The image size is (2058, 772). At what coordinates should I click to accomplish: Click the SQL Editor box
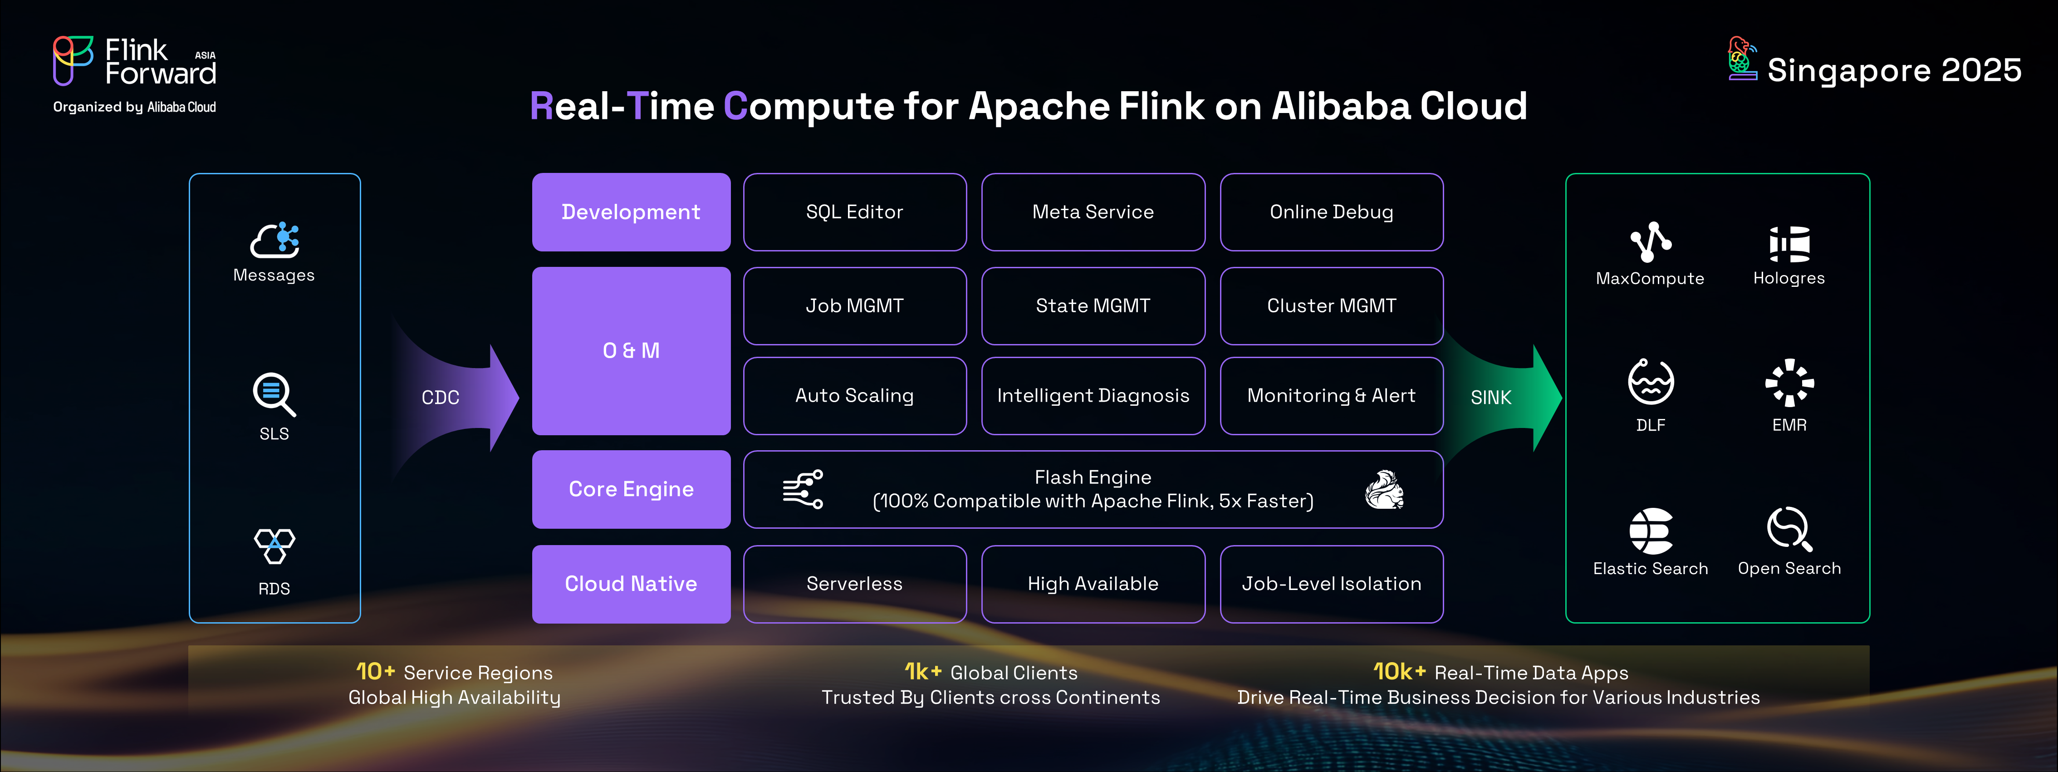(x=854, y=212)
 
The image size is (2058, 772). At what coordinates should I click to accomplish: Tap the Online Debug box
(x=1331, y=212)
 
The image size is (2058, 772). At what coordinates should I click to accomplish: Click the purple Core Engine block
(x=631, y=489)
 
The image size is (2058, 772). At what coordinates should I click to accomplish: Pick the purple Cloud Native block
(x=631, y=583)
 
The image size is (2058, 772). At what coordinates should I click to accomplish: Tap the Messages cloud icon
(x=275, y=240)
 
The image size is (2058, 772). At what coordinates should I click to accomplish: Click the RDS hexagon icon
(x=274, y=546)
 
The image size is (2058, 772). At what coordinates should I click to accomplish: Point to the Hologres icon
(x=1789, y=244)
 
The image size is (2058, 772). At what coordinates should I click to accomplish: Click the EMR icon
(x=1789, y=383)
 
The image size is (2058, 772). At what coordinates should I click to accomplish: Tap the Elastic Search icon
(x=1651, y=531)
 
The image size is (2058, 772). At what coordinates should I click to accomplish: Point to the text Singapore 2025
(x=1893, y=70)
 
